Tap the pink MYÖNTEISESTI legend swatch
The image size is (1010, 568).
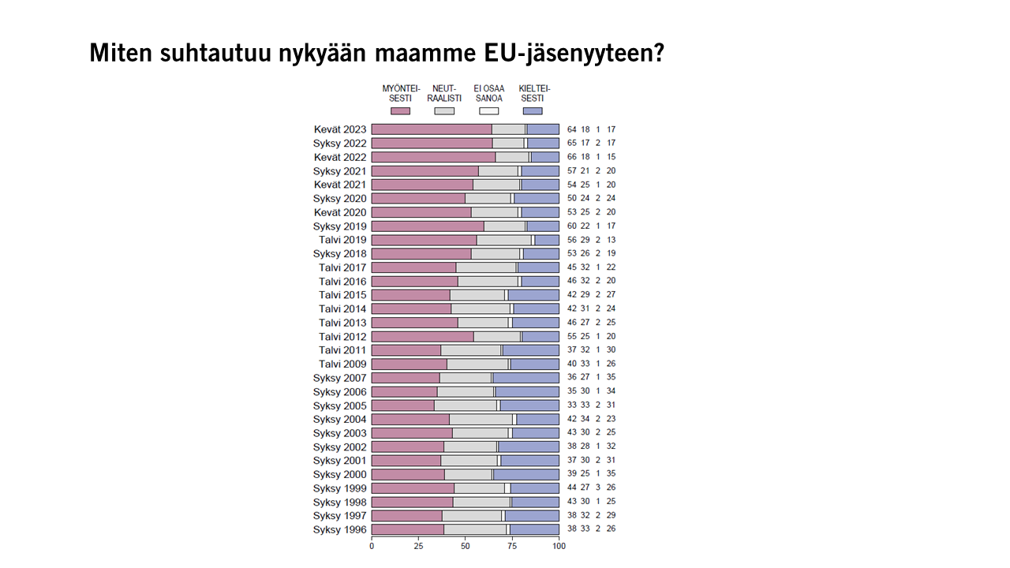pyautogui.click(x=400, y=111)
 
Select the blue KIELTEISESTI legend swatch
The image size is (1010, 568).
pyautogui.click(x=533, y=111)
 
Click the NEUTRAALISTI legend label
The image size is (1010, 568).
pyautogui.click(x=444, y=93)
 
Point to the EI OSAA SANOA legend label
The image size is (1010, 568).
pyautogui.click(x=488, y=93)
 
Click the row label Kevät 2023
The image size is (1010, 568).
pyautogui.click(x=340, y=129)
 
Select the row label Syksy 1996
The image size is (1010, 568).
pyautogui.click(x=340, y=530)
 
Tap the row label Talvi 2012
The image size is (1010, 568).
pyautogui.click(x=342, y=337)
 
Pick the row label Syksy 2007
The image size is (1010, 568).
pyautogui.click(x=340, y=378)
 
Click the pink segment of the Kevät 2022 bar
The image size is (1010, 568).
pyautogui.click(x=433, y=157)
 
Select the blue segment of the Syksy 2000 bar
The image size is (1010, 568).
pyautogui.click(x=526, y=474)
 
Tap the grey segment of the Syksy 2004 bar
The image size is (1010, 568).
pyautogui.click(x=481, y=419)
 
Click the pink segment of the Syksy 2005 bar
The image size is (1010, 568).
pyautogui.click(x=402, y=405)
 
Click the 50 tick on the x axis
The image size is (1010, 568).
pyautogui.click(x=466, y=545)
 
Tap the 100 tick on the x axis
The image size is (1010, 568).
pyautogui.click(x=559, y=545)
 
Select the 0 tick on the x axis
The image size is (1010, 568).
pyautogui.click(x=372, y=545)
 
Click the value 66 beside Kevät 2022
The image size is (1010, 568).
pyautogui.click(x=572, y=157)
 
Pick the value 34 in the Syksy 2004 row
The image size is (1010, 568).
pyautogui.click(x=585, y=419)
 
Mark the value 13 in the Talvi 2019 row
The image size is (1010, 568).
pyautogui.click(x=612, y=240)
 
